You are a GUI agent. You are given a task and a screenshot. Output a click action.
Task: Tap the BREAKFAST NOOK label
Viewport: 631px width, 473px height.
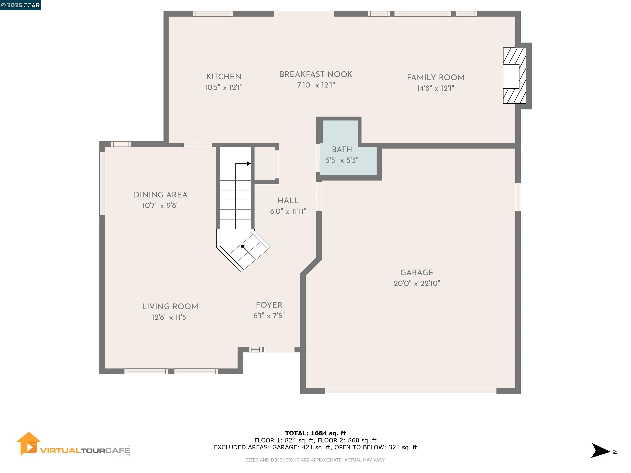pyautogui.click(x=316, y=74)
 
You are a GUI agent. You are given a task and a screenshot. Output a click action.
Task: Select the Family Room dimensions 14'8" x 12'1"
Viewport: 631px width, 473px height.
pyautogui.click(x=435, y=88)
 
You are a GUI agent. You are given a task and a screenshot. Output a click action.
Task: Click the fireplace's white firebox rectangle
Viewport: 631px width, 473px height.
pyautogui.click(x=511, y=76)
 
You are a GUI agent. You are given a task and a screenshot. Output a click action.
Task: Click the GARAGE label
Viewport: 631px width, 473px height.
pyautogui.click(x=417, y=273)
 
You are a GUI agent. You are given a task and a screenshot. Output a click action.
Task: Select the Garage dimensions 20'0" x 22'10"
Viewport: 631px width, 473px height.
pyautogui.click(x=417, y=283)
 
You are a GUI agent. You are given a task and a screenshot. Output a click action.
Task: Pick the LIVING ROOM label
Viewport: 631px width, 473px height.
pyautogui.click(x=170, y=307)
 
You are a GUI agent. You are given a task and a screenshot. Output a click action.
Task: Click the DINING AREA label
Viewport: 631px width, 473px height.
pyautogui.click(x=161, y=195)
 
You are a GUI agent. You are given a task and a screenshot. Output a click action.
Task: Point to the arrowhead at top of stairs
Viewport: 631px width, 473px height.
pyautogui.click(x=249, y=164)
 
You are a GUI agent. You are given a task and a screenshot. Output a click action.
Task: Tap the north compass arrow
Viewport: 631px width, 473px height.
pyautogui.click(x=600, y=450)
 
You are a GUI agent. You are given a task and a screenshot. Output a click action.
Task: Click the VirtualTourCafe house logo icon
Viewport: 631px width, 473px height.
pyautogui.click(x=28, y=443)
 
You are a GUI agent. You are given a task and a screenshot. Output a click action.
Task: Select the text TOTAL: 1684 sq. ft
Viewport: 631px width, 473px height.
pyautogui.click(x=315, y=433)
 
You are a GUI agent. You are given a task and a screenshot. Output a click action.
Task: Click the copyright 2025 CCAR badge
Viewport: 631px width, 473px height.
pyautogui.click(x=20, y=5)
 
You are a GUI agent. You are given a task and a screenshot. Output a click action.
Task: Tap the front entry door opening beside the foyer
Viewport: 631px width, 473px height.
pyautogui.click(x=279, y=349)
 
